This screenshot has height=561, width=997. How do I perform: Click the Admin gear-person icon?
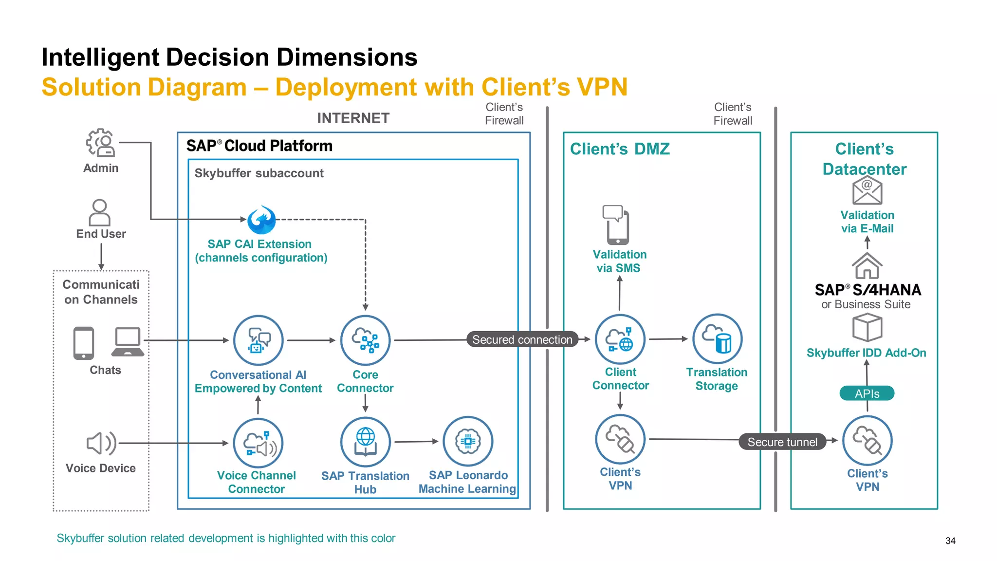coord(101,143)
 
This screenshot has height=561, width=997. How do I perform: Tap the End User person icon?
coord(100,212)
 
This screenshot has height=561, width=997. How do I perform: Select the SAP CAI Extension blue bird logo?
coord(261,220)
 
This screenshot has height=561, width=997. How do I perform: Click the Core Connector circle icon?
coord(365,340)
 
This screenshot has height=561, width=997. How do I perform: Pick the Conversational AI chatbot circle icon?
coord(258,340)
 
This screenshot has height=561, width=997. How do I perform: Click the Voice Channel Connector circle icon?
coord(258,443)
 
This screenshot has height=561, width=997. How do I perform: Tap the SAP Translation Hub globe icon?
coord(365,442)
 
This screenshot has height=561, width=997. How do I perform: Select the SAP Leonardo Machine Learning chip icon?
coord(468,441)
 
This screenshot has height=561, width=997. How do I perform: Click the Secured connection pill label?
coord(522,339)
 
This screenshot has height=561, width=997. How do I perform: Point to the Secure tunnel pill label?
coord(782,442)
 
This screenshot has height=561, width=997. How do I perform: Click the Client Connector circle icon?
coord(620,339)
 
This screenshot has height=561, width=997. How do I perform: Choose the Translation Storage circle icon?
coord(717,338)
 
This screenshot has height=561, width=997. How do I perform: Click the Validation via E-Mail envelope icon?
coord(867,190)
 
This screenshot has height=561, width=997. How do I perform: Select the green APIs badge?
coord(867,393)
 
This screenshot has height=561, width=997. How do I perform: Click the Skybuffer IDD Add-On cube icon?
coord(867,328)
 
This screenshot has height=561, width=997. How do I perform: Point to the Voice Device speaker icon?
coord(101,443)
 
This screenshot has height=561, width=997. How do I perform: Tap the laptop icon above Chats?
coord(128,342)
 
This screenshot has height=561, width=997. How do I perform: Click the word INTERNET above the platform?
coord(353,118)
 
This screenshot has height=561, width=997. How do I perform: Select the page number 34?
coord(950,541)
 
